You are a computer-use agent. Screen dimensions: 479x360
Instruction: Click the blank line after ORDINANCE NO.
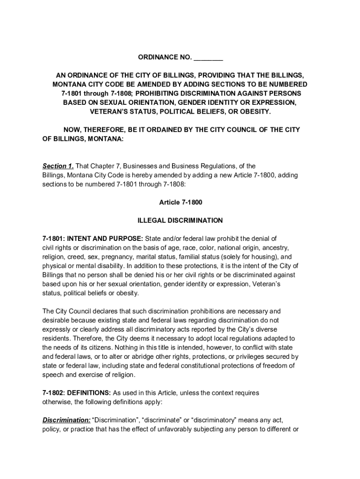click(208, 58)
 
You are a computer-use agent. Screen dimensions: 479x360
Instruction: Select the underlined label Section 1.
click(58, 166)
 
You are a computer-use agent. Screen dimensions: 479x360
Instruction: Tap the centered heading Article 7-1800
click(180, 203)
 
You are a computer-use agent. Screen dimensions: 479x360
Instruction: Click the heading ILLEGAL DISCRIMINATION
click(180, 220)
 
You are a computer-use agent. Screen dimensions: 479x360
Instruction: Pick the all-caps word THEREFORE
click(104, 130)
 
